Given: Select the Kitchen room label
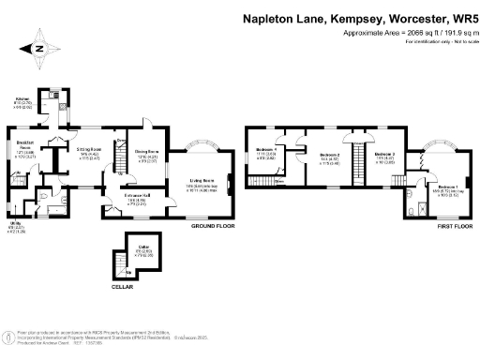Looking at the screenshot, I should pos(22,97).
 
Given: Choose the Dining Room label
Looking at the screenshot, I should pos(146,153).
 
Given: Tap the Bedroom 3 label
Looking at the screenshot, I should pos(385,153).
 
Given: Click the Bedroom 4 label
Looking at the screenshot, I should pos(268,150).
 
